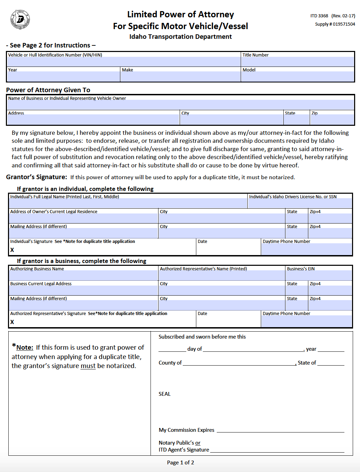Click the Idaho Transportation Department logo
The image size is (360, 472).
(x=20, y=19)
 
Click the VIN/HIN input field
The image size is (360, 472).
(x=123, y=62)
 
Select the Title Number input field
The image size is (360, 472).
(x=298, y=62)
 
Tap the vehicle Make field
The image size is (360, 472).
(x=180, y=77)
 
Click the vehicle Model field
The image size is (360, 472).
(x=298, y=77)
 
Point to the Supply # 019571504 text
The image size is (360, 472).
(x=335, y=24)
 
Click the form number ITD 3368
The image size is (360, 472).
(x=319, y=16)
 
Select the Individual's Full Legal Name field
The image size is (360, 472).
(x=128, y=203)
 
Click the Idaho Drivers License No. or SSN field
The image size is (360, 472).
(x=300, y=203)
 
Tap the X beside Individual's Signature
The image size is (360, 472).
(x=12, y=250)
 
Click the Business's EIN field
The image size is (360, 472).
(x=319, y=276)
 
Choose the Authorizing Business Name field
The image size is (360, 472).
(x=83, y=276)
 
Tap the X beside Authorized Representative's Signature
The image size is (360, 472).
(x=12, y=322)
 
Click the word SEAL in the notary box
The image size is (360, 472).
(x=164, y=394)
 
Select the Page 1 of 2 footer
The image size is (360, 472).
(x=180, y=462)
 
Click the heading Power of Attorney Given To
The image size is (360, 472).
(x=48, y=90)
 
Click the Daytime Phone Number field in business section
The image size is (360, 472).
(x=307, y=321)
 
